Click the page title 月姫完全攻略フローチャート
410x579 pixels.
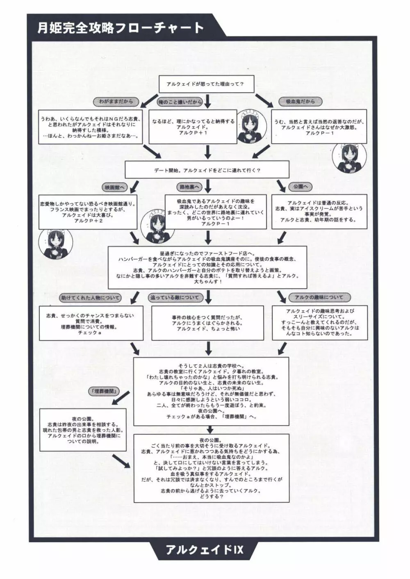[x=121, y=28]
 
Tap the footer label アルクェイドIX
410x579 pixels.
[x=205, y=549]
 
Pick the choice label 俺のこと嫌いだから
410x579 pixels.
[x=180, y=102]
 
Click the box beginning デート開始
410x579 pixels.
[x=207, y=170]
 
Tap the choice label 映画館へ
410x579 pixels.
[x=115, y=187]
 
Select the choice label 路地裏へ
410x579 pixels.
[x=190, y=187]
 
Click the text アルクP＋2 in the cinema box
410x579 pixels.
[x=88, y=221]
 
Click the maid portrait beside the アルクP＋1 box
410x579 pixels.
[x=251, y=126]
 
